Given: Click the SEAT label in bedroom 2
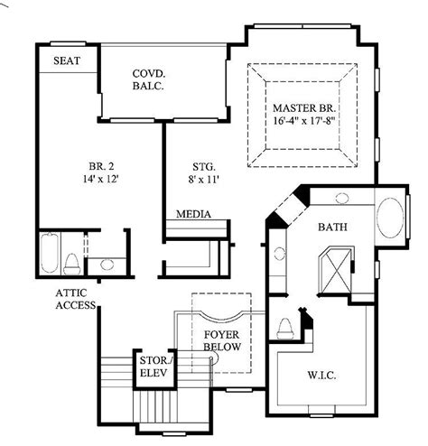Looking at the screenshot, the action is (x=67, y=60).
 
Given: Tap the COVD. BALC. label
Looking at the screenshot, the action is (x=148, y=79).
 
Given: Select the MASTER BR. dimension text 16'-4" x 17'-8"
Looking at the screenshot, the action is (x=304, y=121).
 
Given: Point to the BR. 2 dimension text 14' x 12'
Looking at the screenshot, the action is (x=100, y=179).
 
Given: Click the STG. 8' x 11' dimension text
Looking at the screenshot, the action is (x=203, y=180).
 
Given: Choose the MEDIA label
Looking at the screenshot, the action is (x=193, y=214).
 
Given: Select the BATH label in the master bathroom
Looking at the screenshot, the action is (x=332, y=227).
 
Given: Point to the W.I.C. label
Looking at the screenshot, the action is (x=321, y=376).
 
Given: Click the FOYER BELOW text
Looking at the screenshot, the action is (x=222, y=340).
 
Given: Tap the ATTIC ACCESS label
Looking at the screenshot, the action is (x=76, y=299).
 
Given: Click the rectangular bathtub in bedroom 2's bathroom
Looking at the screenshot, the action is (x=50, y=253).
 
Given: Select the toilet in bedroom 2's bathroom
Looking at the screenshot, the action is (x=72, y=265).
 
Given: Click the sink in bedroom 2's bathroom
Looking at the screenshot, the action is (x=107, y=265).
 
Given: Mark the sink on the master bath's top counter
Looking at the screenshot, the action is (x=342, y=198).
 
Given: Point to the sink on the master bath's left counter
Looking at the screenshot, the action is (x=280, y=254).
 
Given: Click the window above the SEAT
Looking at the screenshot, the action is (x=69, y=43).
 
